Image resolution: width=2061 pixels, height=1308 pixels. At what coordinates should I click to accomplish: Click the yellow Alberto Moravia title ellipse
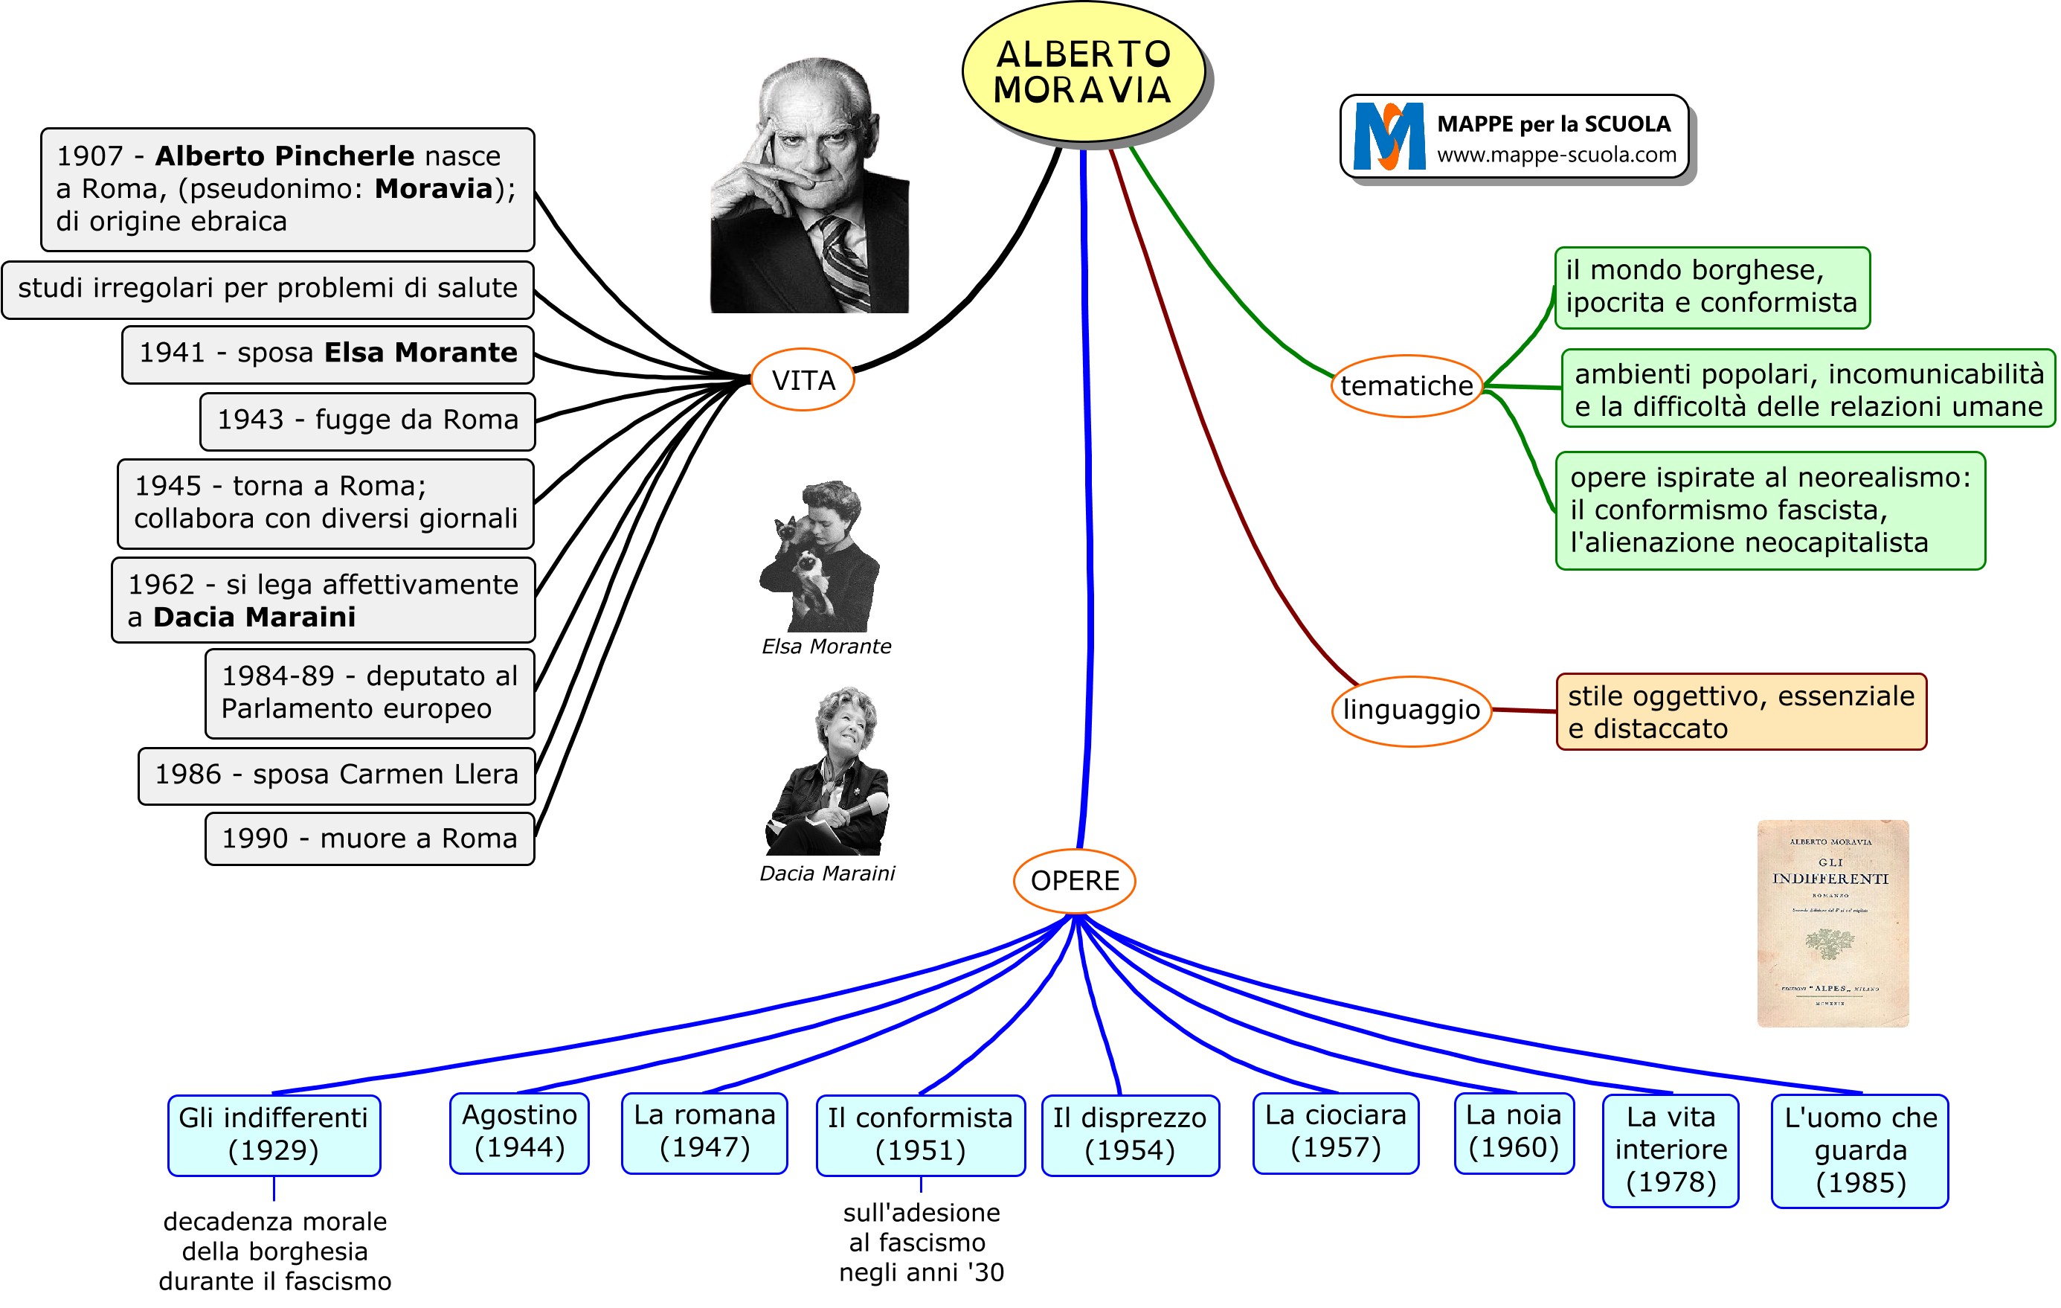point(1083,72)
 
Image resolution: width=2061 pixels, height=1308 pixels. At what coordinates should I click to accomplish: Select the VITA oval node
point(803,380)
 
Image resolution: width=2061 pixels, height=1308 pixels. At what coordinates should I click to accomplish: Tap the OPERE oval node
point(1074,881)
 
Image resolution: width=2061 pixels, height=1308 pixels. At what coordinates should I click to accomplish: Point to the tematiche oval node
point(1406,386)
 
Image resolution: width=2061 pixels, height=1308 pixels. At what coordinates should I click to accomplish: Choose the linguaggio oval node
point(1410,710)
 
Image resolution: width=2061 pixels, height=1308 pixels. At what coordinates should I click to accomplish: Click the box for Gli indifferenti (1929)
point(274,1134)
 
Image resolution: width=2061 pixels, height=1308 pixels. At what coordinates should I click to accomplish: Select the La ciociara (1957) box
point(1335,1132)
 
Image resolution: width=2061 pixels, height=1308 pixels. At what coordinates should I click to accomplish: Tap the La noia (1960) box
point(1514,1132)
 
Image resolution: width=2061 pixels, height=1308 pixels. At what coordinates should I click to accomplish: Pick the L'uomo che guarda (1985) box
point(1860,1150)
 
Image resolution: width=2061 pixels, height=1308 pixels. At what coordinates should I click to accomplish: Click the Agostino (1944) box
point(520,1132)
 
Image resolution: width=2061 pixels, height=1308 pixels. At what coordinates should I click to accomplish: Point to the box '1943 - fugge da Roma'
point(367,420)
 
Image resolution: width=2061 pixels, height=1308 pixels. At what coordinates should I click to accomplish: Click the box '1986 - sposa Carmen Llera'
point(336,775)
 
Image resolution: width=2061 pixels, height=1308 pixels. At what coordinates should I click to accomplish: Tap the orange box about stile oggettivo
point(1740,711)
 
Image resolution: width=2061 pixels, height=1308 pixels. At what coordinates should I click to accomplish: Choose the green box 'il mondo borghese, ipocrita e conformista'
point(1711,286)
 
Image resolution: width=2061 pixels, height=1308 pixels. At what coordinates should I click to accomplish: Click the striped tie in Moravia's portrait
point(842,257)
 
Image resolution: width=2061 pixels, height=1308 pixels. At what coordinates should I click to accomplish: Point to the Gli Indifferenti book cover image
point(1833,923)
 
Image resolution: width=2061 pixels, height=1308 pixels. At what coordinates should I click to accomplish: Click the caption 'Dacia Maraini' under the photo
point(827,873)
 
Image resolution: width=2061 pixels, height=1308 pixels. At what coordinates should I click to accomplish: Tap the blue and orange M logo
point(1389,136)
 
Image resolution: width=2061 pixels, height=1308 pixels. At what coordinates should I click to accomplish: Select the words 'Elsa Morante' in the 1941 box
point(420,353)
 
